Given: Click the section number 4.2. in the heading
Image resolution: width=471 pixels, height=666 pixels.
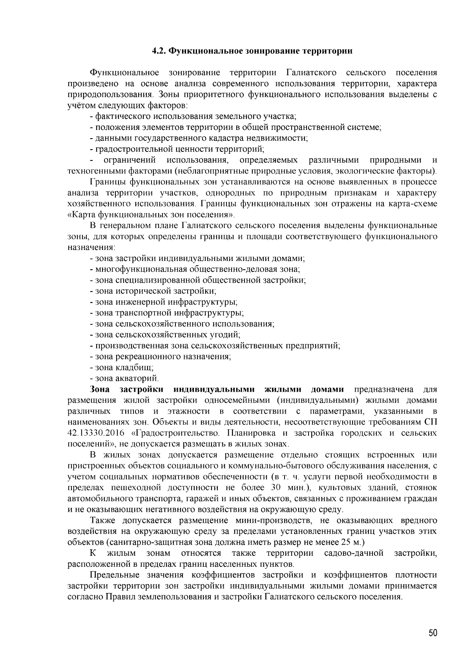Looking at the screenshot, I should click(x=159, y=51).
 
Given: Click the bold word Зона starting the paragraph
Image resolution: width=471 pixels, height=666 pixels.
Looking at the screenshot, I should click(x=100, y=389).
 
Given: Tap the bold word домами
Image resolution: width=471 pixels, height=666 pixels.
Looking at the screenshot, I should click(x=327, y=389).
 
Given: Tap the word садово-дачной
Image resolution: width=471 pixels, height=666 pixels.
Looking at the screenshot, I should click(x=354, y=553).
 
